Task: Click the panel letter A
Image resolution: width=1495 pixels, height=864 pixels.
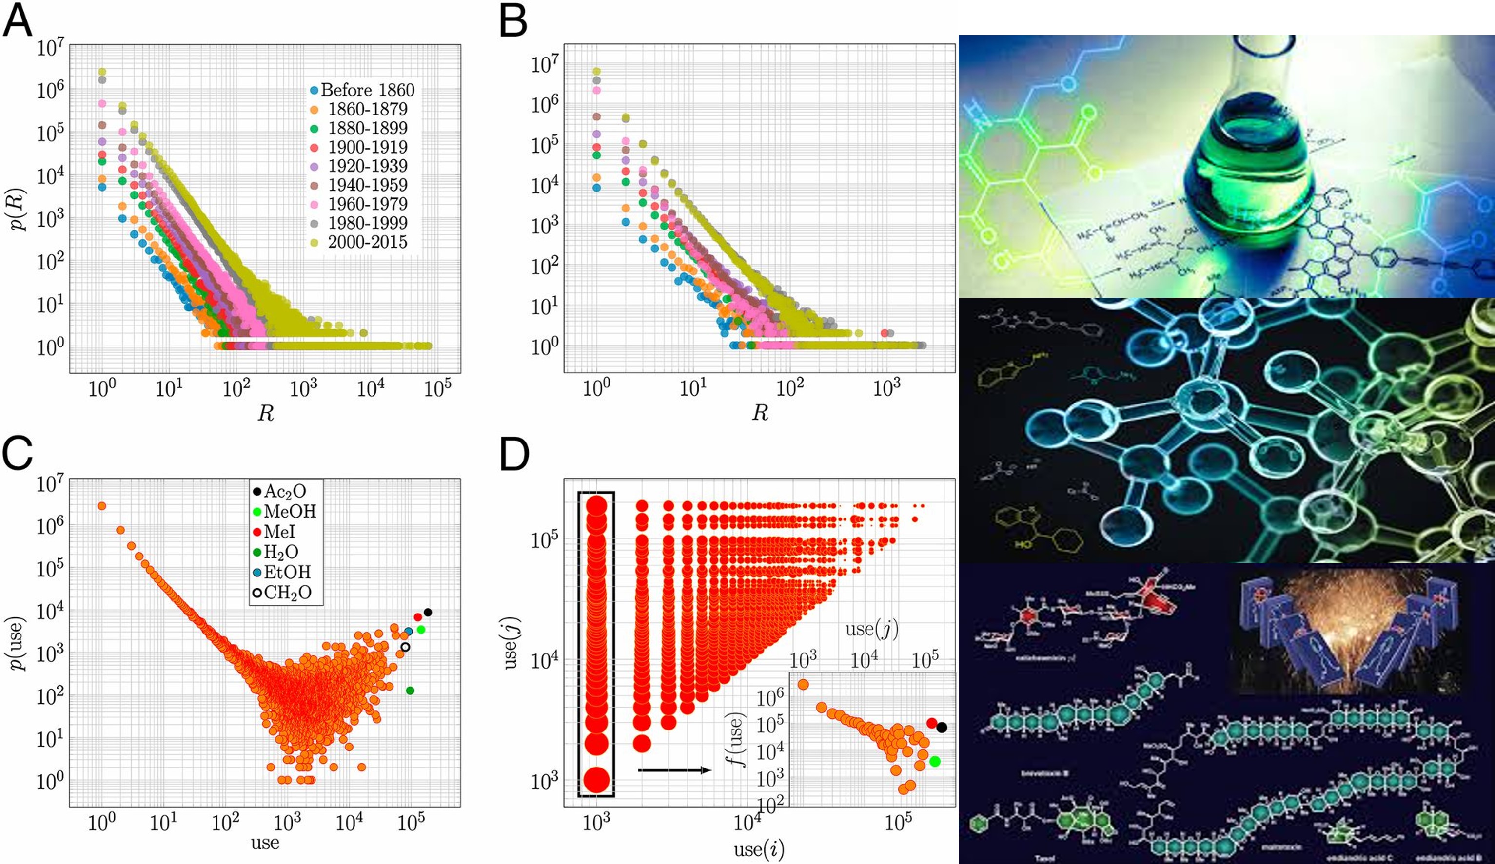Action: tap(18, 22)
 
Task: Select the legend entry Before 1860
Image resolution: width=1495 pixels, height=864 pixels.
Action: tap(361, 90)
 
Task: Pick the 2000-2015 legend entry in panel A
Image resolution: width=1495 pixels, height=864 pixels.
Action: tap(361, 242)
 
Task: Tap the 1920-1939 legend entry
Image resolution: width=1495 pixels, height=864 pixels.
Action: tap(361, 166)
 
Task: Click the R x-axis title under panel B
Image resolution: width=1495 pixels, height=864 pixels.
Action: tap(760, 413)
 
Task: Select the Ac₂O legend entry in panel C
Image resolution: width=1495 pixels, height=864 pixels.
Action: tap(279, 492)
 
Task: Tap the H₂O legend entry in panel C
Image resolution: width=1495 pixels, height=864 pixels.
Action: tap(275, 552)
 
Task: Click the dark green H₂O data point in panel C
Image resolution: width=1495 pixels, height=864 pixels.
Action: tap(410, 690)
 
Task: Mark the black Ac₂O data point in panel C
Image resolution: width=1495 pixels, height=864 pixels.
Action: tap(428, 612)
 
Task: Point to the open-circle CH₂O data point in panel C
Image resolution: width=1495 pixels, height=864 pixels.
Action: tap(405, 647)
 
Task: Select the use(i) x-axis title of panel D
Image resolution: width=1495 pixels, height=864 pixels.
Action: tap(759, 849)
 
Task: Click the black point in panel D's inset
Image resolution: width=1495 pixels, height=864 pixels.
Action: tap(942, 727)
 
